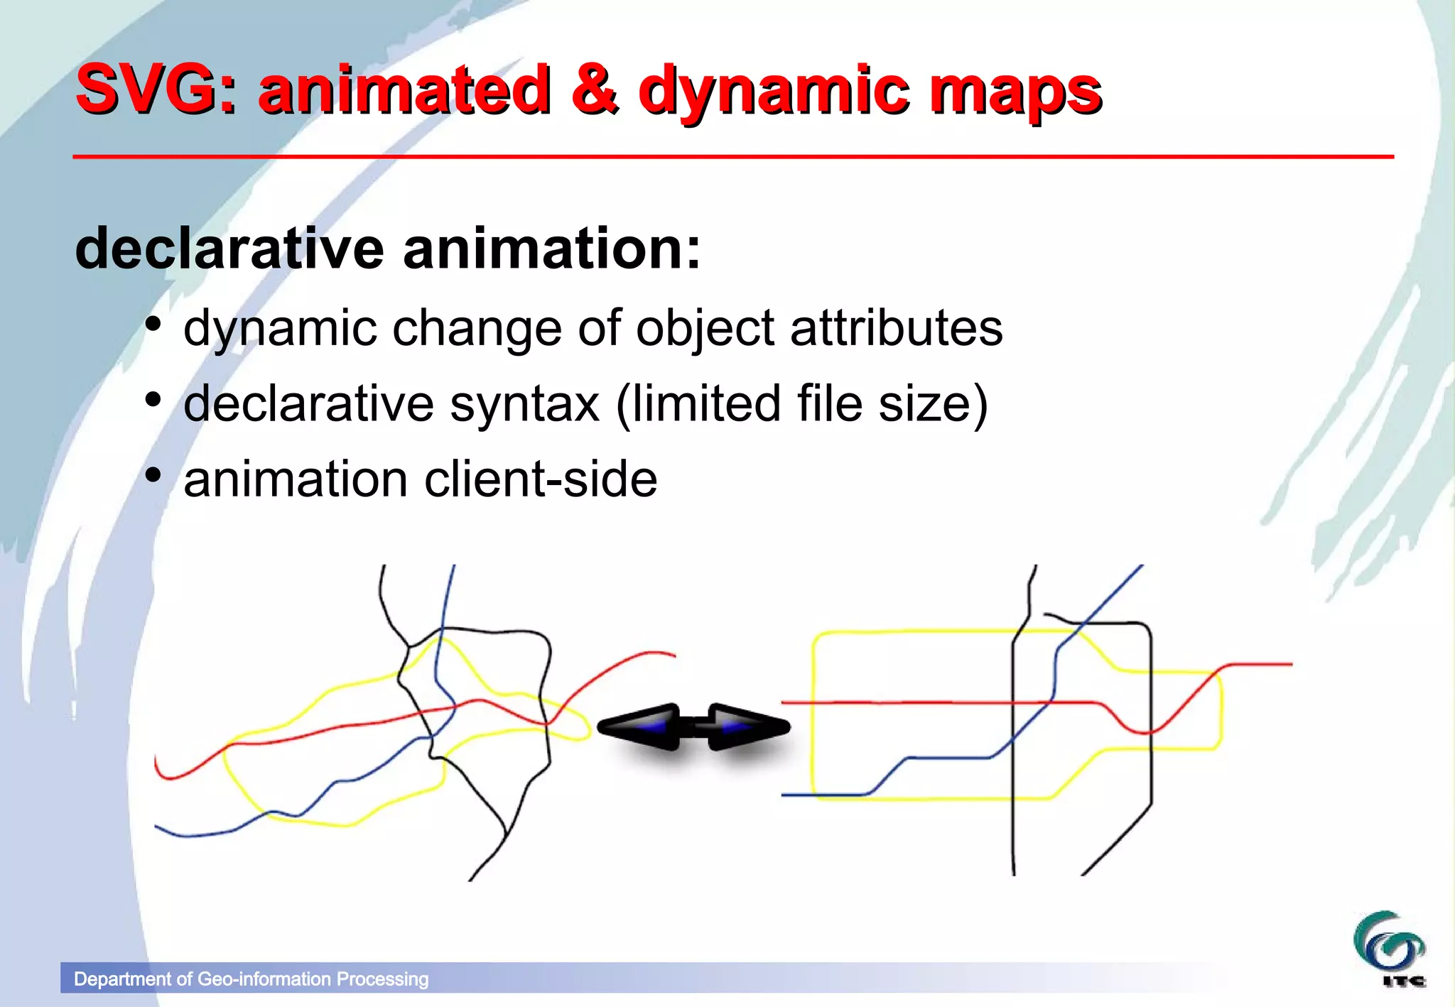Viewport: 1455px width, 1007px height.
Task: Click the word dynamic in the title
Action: point(774,92)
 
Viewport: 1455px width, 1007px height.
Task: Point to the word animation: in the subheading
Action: point(551,249)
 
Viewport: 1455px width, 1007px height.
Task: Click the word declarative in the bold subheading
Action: point(229,249)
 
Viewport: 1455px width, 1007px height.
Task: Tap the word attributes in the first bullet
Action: point(896,328)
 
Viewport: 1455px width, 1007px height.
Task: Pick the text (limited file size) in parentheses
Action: point(801,404)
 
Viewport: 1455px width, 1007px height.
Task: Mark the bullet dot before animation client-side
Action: point(153,475)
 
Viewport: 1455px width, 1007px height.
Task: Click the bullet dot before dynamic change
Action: point(153,325)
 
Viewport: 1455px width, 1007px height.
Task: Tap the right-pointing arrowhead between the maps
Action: point(750,726)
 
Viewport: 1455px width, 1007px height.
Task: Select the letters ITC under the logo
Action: point(1404,981)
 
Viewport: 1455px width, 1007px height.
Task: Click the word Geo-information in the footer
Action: point(264,979)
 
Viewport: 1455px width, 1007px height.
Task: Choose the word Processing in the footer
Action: point(383,979)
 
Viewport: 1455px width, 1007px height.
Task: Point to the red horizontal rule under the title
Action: point(732,156)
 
